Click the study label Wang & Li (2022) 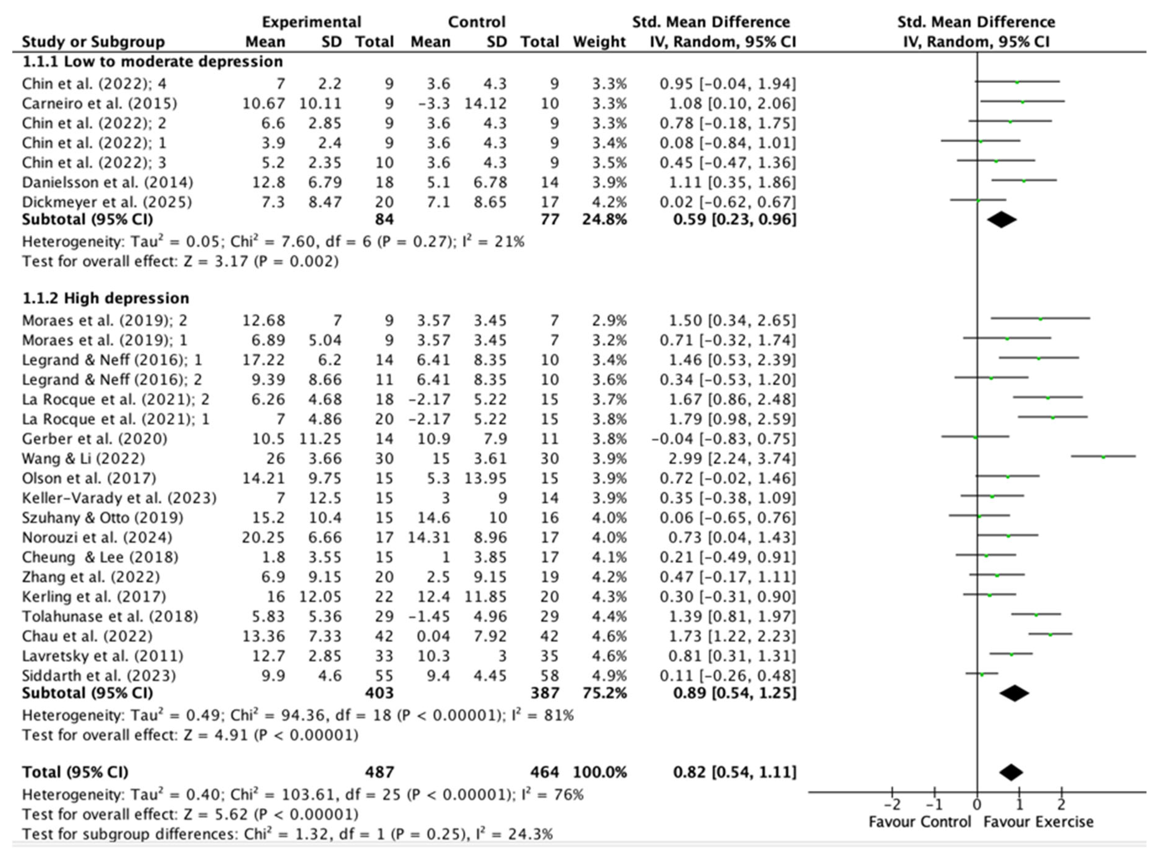click(x=83, y=459)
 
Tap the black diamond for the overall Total click(x=1011, y=772)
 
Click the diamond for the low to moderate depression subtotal click(x=1002, y=219)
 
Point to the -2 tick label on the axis click(x=893, y=803)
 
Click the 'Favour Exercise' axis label click(x=1038, y=822)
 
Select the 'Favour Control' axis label click(x=920, y=822)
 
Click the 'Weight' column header click(x=599, y=42)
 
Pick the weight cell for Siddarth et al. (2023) click(x=609, y=675)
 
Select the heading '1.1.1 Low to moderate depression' click(x=153, y=62)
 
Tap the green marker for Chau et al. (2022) click(x=1050, y=634)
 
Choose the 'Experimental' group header click(x=311, y=22)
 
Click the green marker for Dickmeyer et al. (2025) click(x=978, y=200)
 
